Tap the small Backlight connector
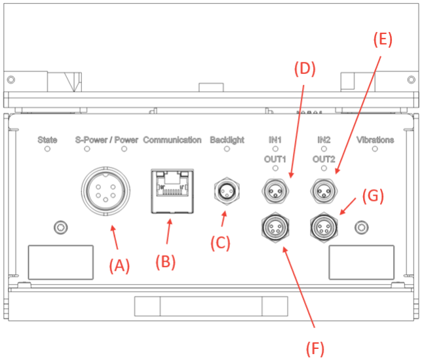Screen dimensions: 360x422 point(226,192)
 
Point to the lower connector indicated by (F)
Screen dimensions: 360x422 point(274,227)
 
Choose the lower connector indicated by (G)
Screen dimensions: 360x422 point(322,227)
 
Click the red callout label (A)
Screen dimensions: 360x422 point(120,264)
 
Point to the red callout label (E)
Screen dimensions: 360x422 point(383,39)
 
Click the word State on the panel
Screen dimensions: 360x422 point(47,140)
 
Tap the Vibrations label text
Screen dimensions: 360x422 point(375,140)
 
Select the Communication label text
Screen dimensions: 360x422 point(172,140)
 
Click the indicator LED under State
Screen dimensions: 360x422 point(47,150)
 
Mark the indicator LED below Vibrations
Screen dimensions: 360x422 point(375,150)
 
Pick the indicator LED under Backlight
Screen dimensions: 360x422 point(227,150)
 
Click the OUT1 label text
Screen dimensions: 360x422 point(275,159)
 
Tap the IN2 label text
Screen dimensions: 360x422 point(323,140)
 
